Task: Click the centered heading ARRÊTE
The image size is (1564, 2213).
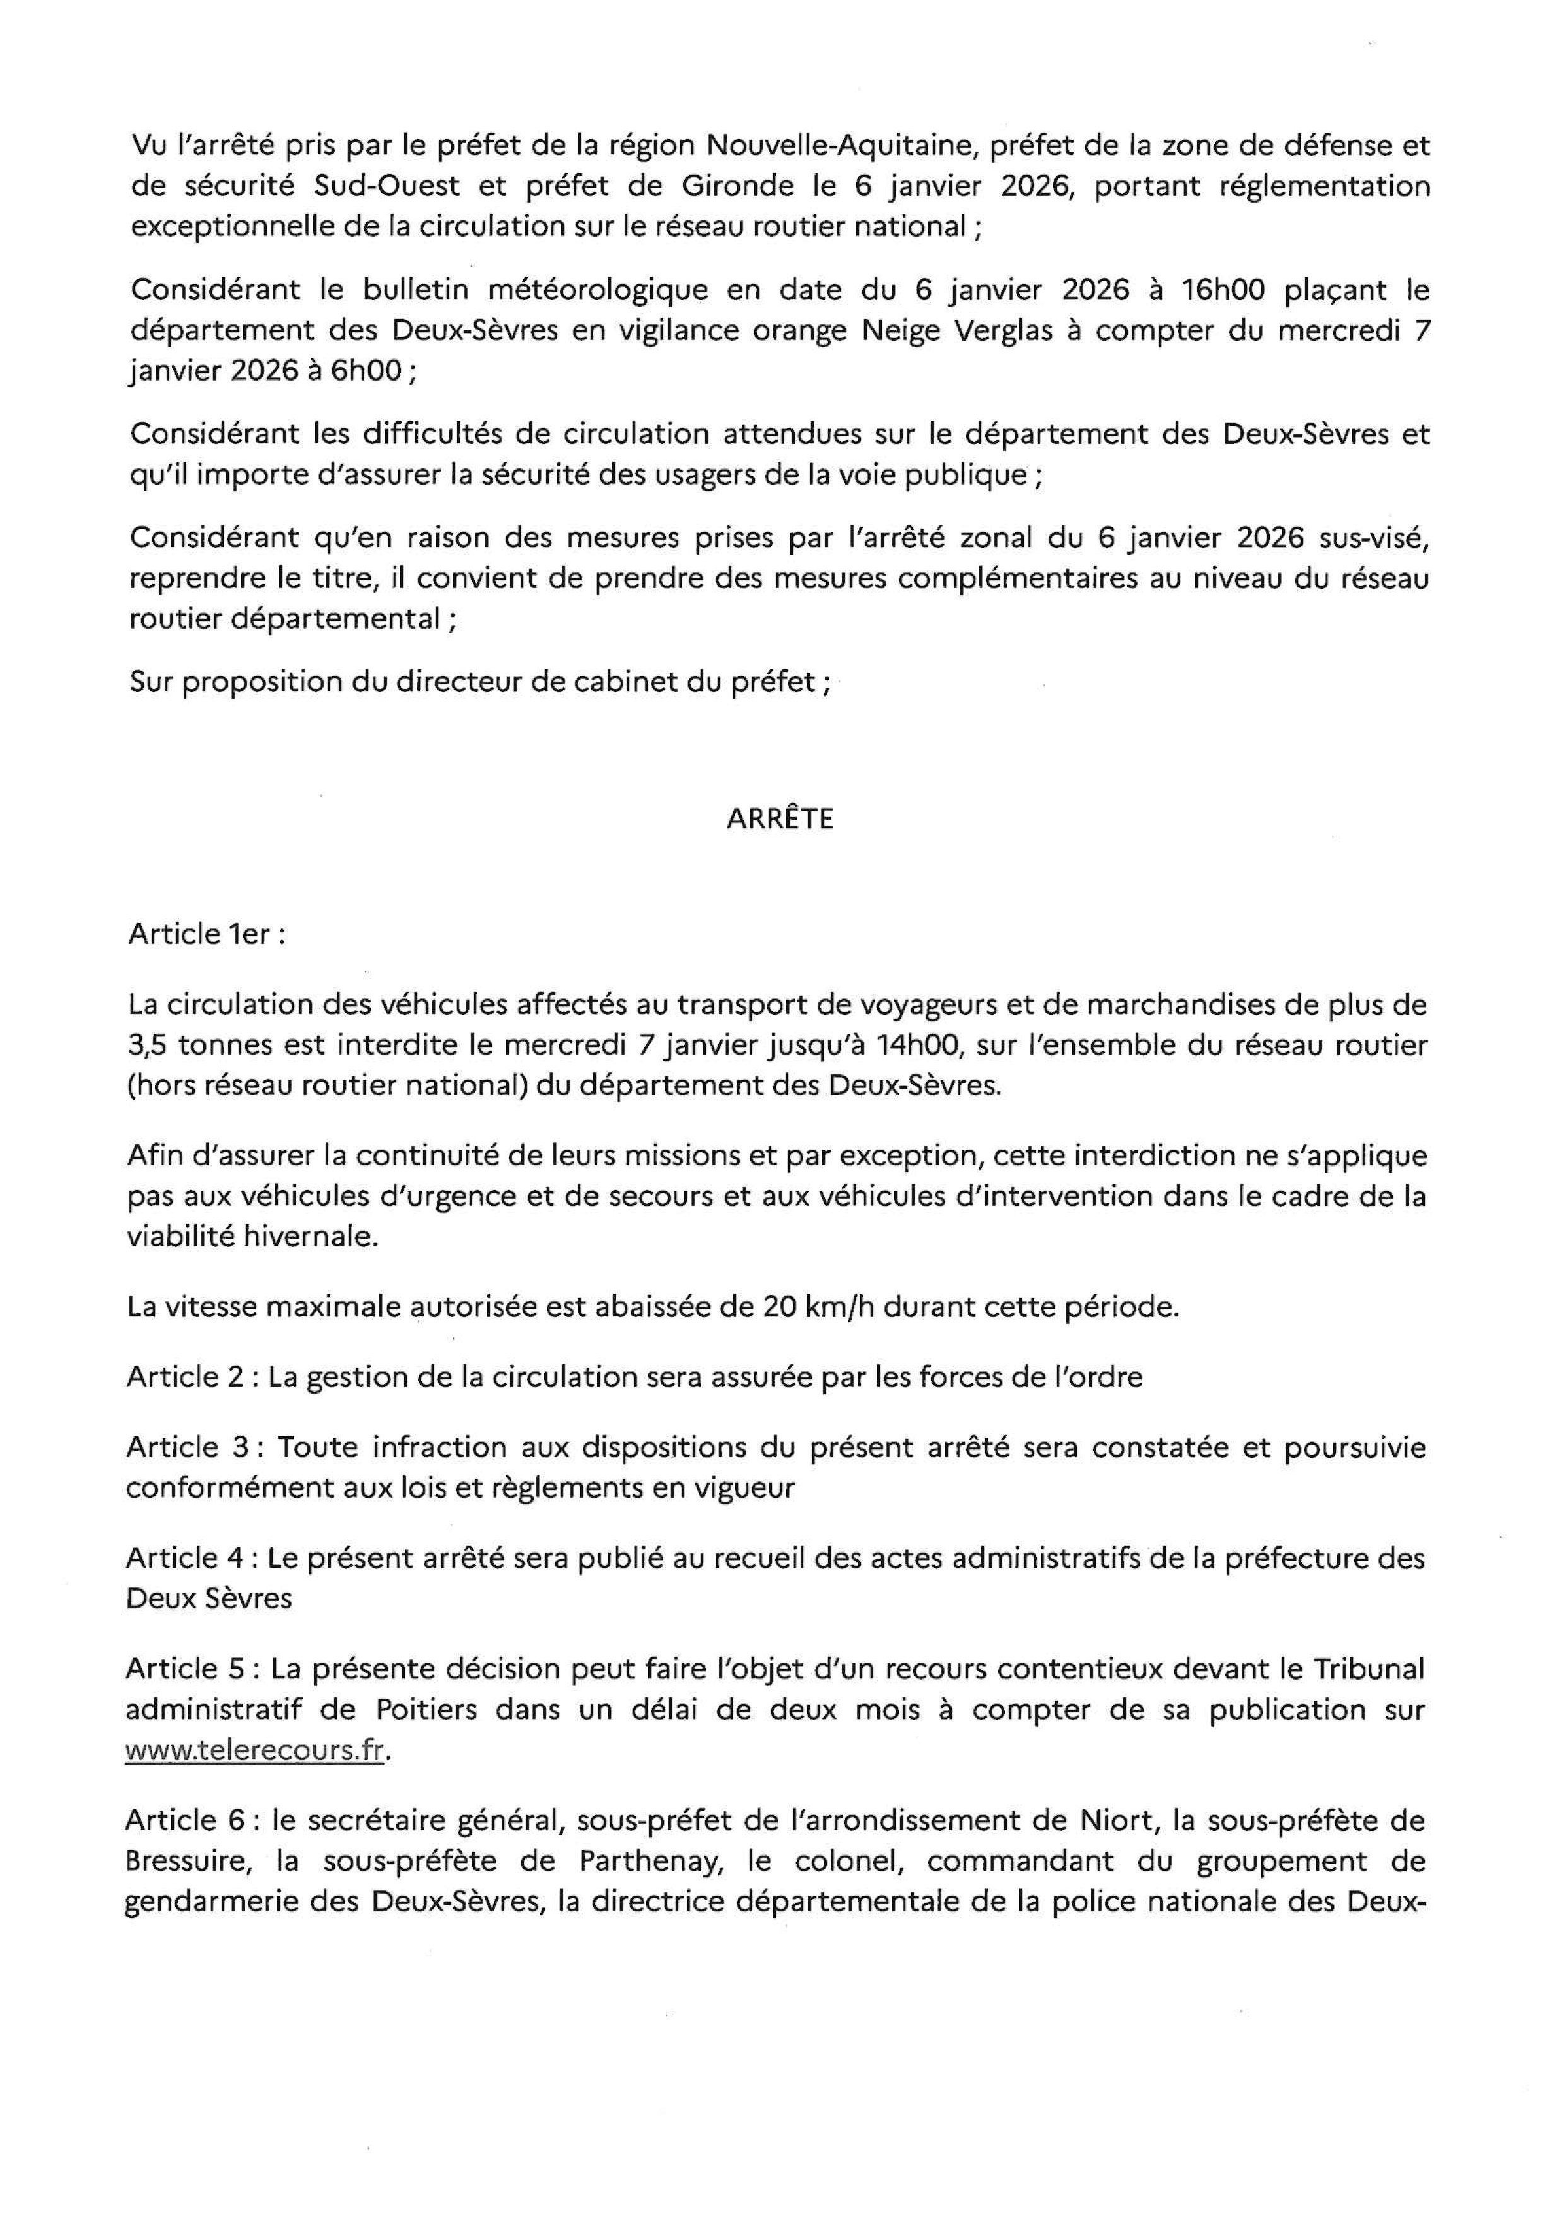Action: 780,819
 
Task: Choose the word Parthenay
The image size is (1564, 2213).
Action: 647,1861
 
